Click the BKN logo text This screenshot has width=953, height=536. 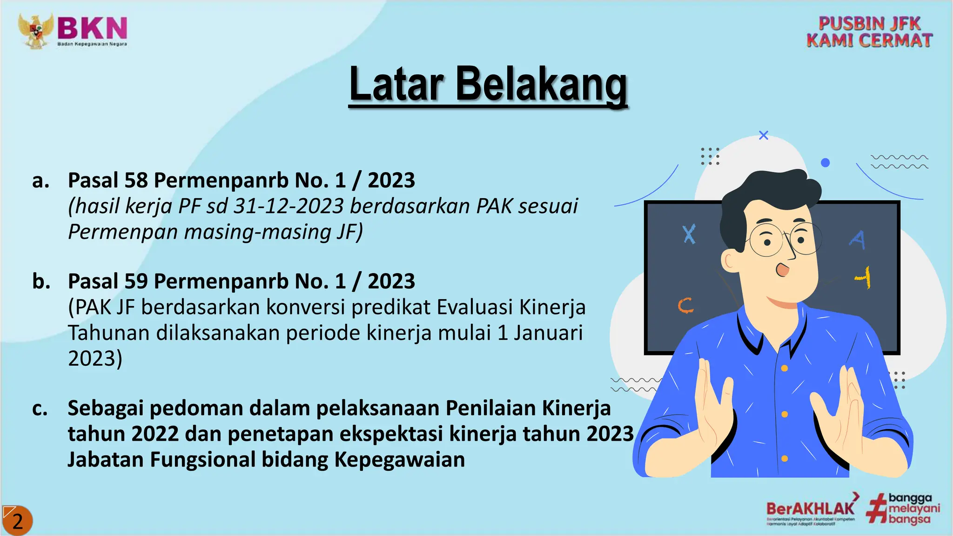click(92, 28)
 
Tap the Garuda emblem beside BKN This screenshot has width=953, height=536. click(35, 31)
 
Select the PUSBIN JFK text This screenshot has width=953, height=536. click(869, 23)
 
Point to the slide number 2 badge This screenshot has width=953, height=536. click(17, 521)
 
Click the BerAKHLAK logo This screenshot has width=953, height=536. click(810, 508)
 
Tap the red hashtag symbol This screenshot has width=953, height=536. click(877, 510)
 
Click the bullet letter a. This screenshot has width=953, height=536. click(40, 181)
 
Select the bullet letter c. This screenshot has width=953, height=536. click(40, 408)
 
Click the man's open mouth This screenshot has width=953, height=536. click(783, 269)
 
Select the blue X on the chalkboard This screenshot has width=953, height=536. click(689, 234)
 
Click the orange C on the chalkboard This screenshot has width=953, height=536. click(685, 306)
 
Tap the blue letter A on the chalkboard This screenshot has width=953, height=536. click(858, 240)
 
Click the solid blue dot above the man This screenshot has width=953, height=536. click(825, 162)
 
